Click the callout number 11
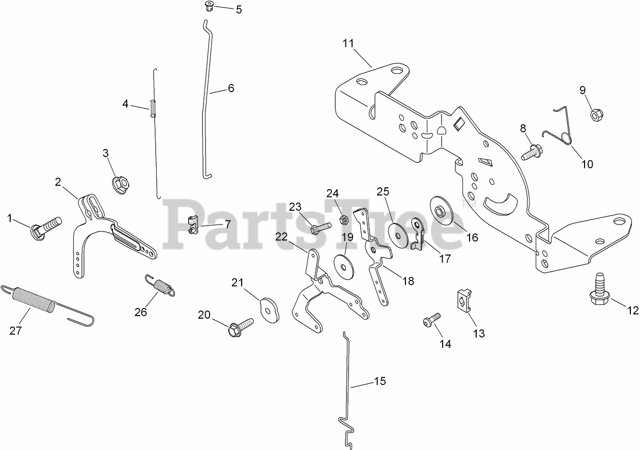click(348, 43)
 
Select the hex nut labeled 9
click(596, 115)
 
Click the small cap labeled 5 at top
click(208, 7)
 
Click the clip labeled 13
click(463, 300)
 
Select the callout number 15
click(380, 381)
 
